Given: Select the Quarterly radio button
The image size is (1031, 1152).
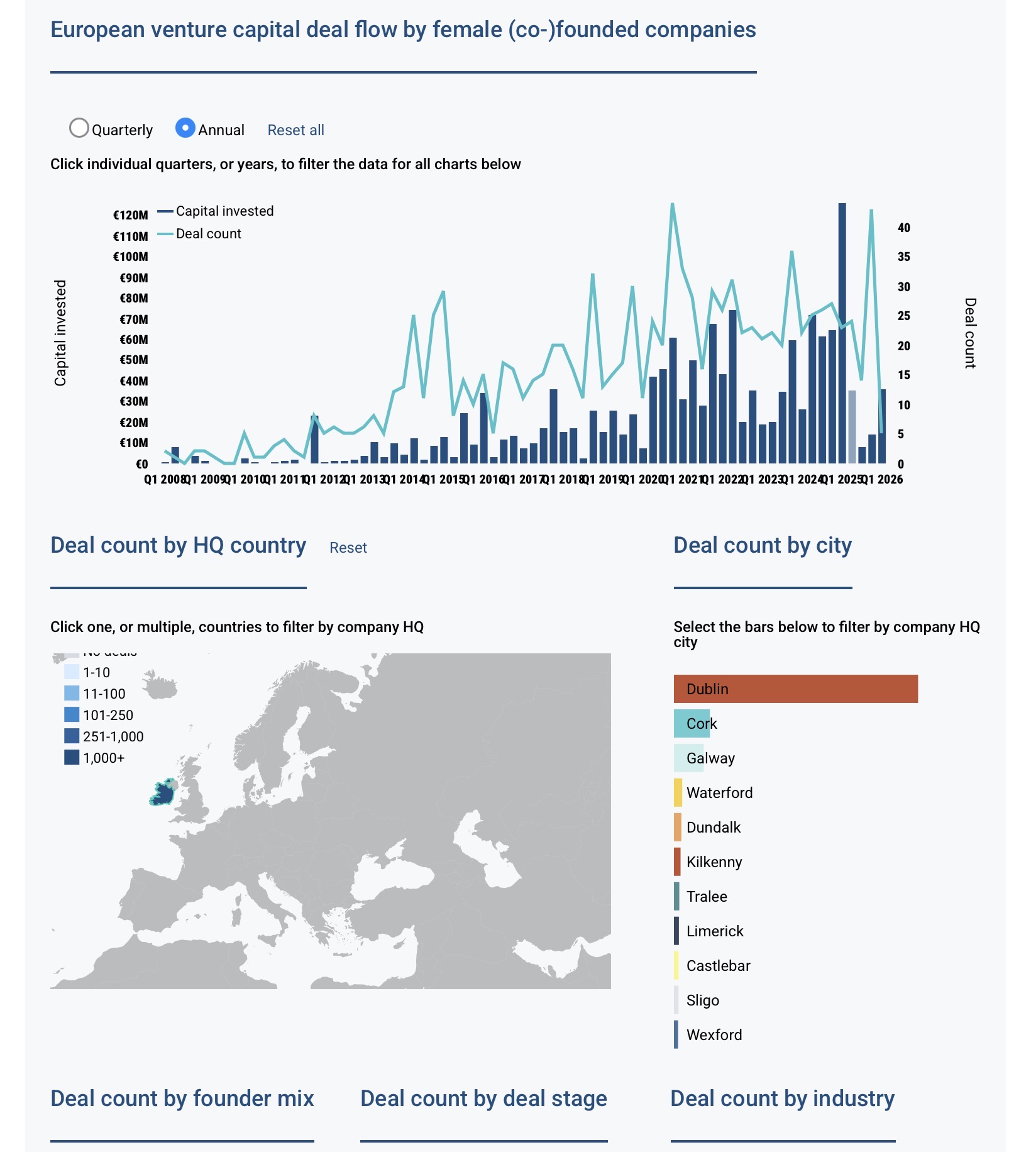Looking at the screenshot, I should (x=79, y=128).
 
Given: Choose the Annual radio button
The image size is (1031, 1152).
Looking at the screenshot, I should (x=185, y=128).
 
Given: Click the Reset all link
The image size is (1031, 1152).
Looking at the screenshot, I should (x=295, y=130).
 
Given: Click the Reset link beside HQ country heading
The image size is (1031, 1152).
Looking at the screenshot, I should (x=348, y=548).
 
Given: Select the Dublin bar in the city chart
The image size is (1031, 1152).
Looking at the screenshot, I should (x=795, y=689).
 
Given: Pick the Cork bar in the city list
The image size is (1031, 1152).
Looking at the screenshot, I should (x=692, y=723).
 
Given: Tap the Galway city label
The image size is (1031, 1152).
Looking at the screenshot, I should (x=710, y=758).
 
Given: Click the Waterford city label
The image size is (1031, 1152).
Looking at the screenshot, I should (x=719, y=793).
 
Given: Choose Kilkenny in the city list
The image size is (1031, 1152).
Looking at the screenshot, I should (x=714, y=862).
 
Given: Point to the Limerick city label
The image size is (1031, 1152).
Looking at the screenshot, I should (x=715, y=931).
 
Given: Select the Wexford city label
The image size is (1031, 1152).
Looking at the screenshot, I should (x=714, y=1035).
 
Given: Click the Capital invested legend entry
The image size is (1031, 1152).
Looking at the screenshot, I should (x=224, y=211).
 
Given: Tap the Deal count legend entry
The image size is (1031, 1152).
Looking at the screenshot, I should (x=208, y=234).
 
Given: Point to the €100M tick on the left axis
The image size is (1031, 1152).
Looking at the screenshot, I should (x=131, y=257).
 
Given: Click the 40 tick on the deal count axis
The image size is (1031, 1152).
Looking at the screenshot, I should (x=903, y=228).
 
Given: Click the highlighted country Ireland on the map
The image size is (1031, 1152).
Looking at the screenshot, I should (x=163, y=794).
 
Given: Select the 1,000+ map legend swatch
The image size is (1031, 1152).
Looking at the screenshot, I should (x=72, y=758).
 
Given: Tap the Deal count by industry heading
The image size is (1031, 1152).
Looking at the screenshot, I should (x=782, y=1099).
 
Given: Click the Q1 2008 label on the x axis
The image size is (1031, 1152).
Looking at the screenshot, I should (x=165, y=479).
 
